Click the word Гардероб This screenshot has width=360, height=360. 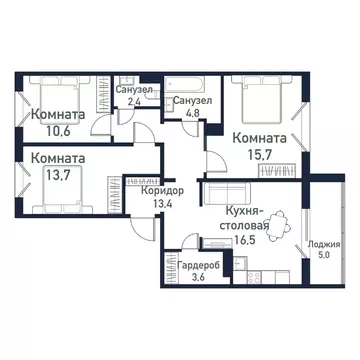tap(200, 265)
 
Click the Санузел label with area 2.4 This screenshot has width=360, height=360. tap(134, 89)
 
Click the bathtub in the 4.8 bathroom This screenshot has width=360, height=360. tap(189, 80)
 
